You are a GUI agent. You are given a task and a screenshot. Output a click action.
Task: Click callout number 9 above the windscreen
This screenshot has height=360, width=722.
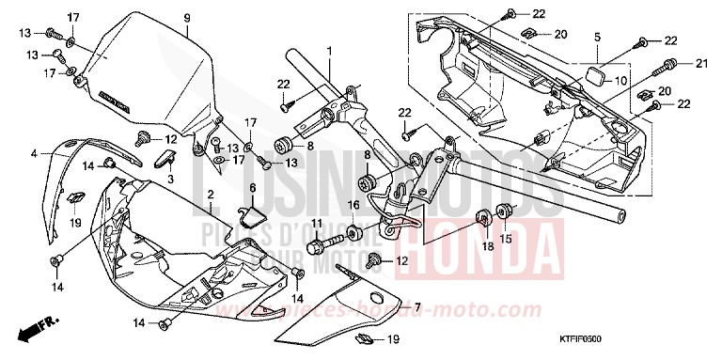click(x=186, y=19)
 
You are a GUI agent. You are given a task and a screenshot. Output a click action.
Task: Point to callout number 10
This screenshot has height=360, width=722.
click(x=620, y=82)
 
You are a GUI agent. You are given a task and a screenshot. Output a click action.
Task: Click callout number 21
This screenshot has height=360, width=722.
click(x=700, y=63)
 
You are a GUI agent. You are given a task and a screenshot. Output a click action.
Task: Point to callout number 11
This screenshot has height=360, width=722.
click(x=317, y=223)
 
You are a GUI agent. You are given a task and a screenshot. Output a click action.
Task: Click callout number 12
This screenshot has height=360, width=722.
click(x=401, y=260)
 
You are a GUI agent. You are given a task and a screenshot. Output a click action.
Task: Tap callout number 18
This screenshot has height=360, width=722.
click(x=487, y=245)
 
